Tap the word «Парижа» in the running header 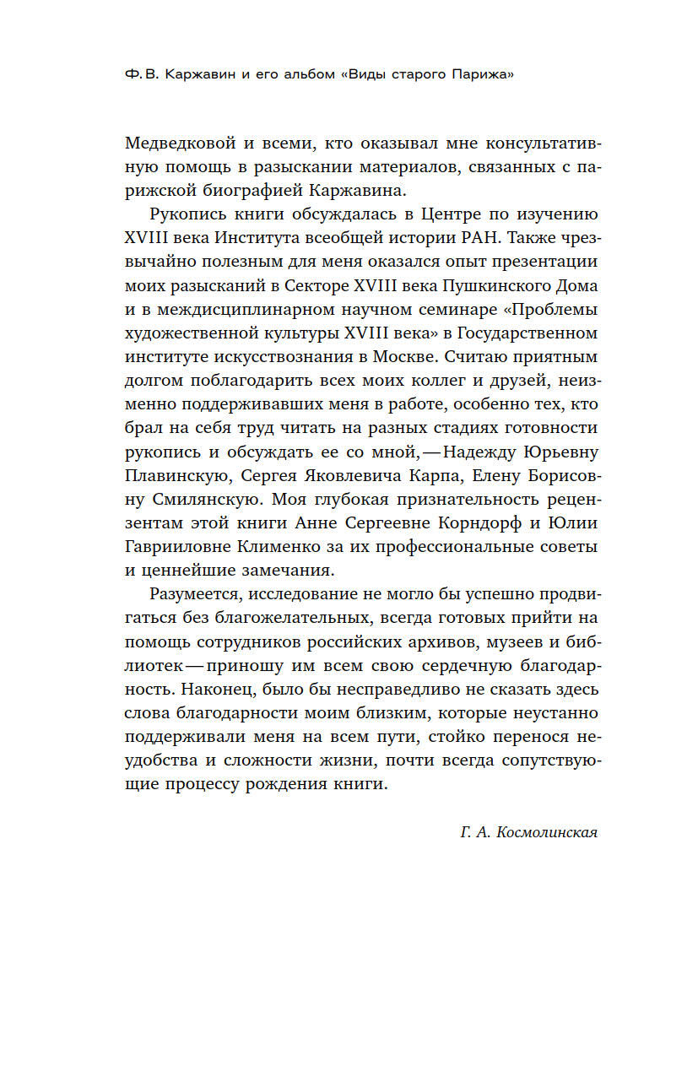pos(485,74)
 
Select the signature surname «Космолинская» pos(549,832)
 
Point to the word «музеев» pos(535,641)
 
